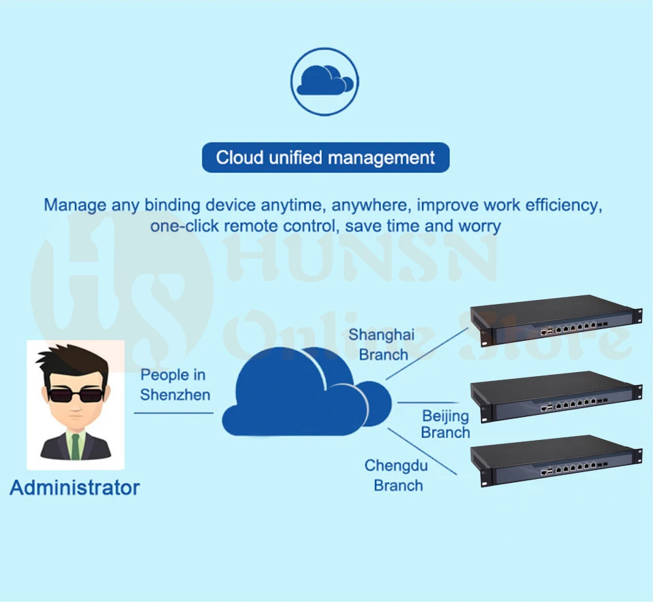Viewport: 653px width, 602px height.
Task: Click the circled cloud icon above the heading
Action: pos(325,81)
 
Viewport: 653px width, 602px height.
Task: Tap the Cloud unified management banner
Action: pos(325,158)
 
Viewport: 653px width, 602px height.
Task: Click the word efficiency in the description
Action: pos(558,205)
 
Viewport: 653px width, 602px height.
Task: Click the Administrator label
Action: pos(75,488)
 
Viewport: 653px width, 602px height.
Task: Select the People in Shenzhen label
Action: pos(175,384)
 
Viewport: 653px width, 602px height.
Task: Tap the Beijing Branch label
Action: pos(446,424)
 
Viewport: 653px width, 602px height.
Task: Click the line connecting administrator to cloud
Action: pos(173,412)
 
